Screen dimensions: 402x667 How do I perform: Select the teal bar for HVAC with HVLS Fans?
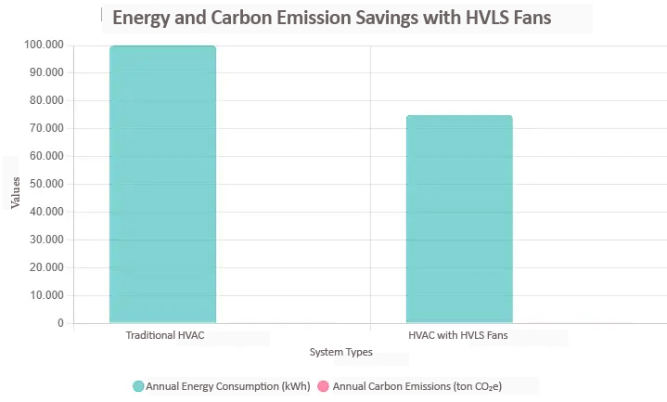[x=459, y=219]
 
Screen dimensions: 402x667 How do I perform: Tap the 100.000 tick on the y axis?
[x=45, y=45]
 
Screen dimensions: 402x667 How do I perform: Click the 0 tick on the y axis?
[x=60, y=323]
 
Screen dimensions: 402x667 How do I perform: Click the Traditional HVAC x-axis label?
[x=164, y=335]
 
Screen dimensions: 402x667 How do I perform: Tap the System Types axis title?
[x=341, y=353]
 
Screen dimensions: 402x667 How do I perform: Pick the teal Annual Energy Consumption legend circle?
[x=138, y=386]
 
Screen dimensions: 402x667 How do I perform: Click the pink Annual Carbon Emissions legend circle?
[x=324, y=386]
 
